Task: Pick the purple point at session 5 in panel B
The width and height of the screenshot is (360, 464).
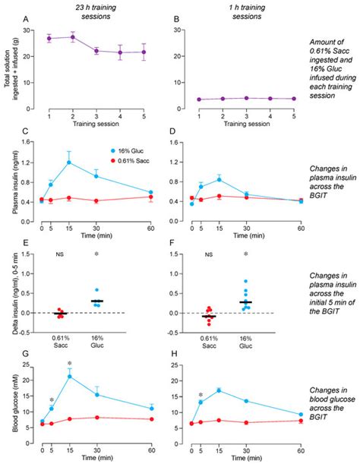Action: (x=292, y=77)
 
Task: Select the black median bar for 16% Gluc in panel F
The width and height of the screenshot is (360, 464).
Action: (x=245, y=302)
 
